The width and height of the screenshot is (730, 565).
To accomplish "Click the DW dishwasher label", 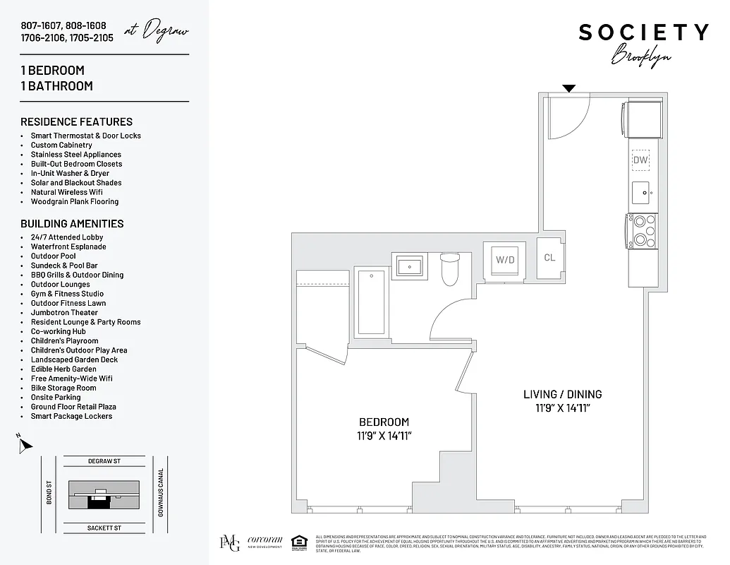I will point(640,160).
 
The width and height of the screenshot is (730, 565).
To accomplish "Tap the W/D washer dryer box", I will point(504,260).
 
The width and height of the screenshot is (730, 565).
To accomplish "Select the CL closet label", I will point(549,258).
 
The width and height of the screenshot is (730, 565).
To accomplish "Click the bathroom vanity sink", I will point(408,267).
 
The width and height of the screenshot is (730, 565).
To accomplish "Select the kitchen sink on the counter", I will point(640,191).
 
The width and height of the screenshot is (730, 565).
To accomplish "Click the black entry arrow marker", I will point(568,88).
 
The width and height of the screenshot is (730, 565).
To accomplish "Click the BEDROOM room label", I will point(384,422).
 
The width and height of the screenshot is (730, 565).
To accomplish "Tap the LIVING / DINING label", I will point(562,394).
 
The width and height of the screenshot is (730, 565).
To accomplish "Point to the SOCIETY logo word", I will point(643,32).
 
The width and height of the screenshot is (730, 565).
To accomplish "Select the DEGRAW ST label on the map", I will point(104,461).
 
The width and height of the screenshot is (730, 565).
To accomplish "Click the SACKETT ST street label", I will point(104,528).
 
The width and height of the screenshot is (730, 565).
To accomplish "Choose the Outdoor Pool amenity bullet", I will point(53,256).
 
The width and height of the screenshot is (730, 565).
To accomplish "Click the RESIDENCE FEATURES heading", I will point(76,121).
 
